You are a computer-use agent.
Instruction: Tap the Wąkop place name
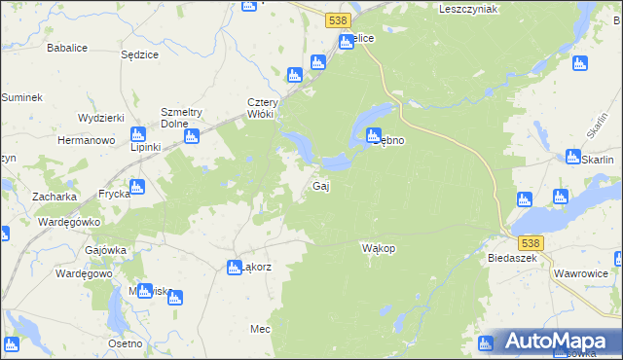378,248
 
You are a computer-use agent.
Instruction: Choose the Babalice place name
68,46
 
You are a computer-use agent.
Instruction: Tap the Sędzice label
139,54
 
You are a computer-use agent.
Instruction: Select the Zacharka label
54,196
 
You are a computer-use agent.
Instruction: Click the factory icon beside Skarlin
573,157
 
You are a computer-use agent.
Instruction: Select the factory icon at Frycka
137,187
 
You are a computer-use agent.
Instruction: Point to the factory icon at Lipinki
137,135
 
